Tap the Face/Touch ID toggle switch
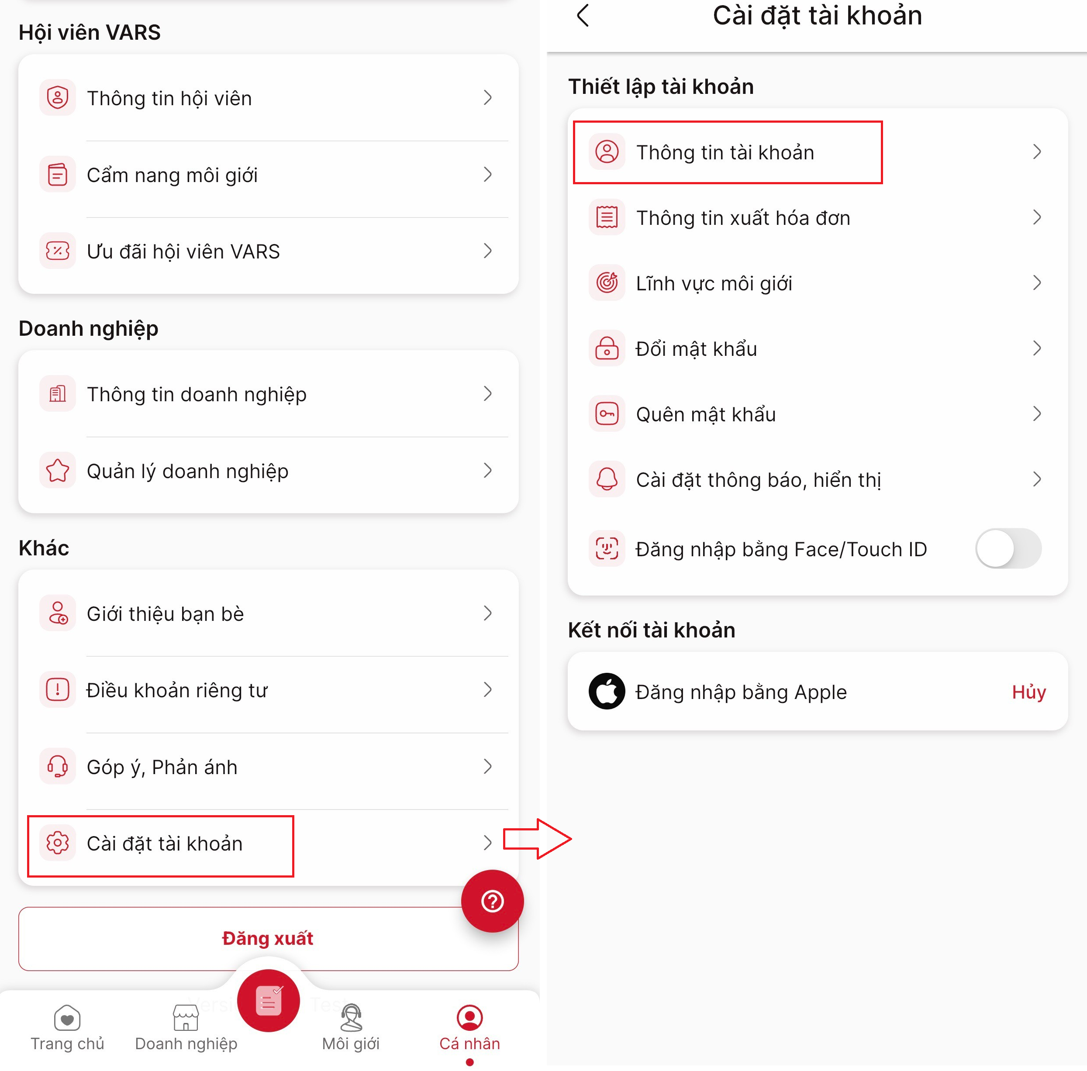point(1008,548)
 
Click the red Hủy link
point(1028,692)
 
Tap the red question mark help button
point(492,901)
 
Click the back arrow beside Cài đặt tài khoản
point(583,15)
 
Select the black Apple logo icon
point(607,691)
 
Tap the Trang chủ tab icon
point(67,1018)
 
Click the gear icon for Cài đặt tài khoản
point(57,843)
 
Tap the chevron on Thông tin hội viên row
point(488,97)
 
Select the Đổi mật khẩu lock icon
point(607,348)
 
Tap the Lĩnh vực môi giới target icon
point(607,282)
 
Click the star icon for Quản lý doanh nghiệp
point(57,470)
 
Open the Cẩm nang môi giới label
point(172,175)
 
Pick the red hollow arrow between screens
point(537,839)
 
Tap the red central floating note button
point(269,1000)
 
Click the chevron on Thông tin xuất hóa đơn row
point(1037,217)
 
